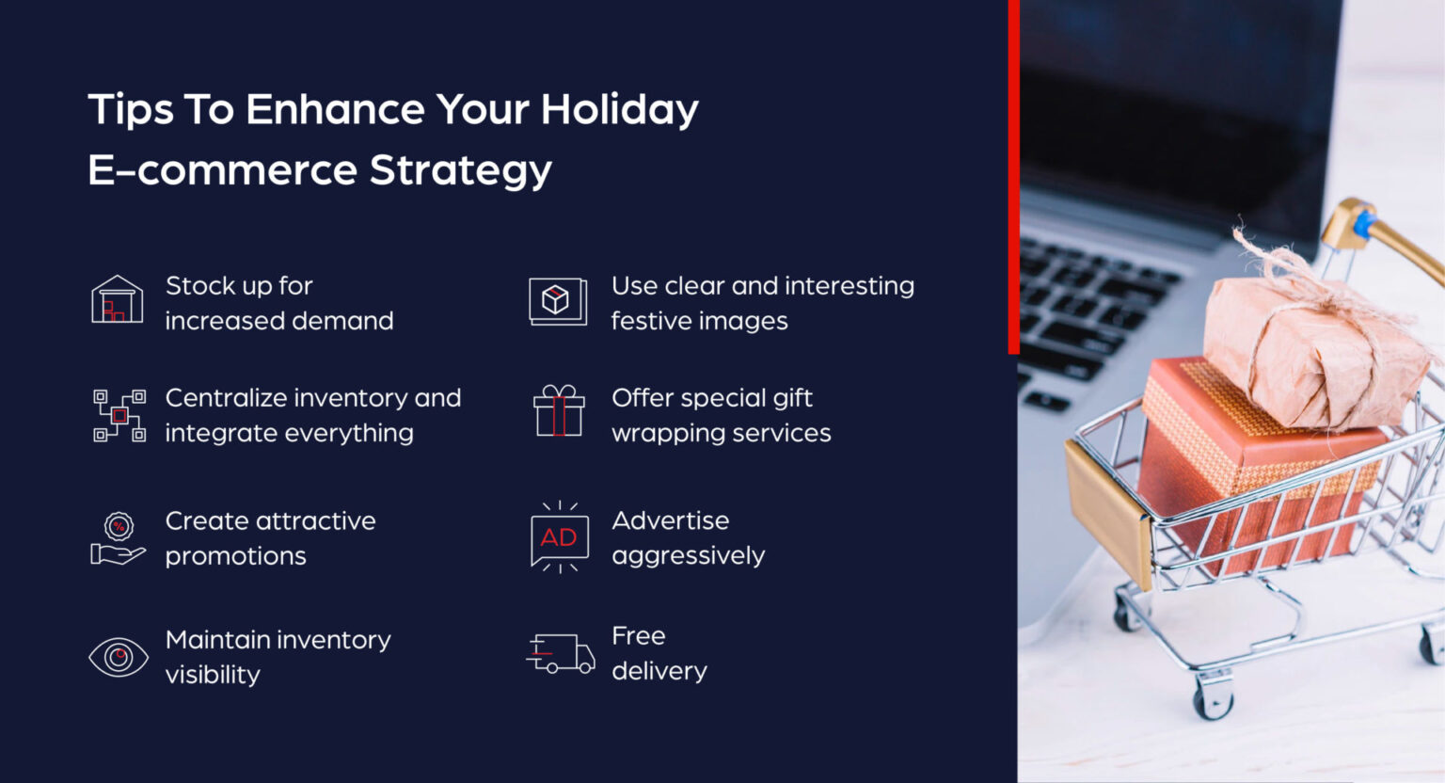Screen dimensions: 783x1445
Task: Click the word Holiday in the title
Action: [619, 110]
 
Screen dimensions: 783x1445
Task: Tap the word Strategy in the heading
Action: [460, 170]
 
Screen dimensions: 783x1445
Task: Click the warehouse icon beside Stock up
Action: [117, 300]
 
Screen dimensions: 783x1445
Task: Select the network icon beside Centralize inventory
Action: [119, 415]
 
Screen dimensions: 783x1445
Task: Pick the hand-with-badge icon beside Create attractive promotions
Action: [118, 538]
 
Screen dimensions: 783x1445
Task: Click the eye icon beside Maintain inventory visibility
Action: [119, 657]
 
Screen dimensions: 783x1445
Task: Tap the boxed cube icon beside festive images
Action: [557, 301]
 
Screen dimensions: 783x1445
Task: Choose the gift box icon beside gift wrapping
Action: [559, 411]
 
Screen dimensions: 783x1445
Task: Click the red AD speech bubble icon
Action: [559, 537]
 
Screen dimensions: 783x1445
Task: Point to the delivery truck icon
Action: [561, 654]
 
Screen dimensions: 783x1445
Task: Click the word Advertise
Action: [670, 520]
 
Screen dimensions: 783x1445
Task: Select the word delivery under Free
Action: [659, 671]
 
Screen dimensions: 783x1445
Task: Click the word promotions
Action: [235, 556]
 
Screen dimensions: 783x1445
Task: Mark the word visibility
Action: [213, 675]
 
